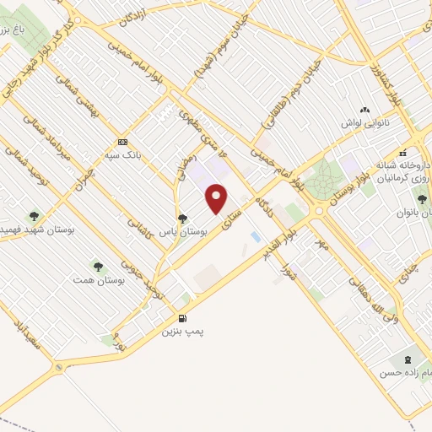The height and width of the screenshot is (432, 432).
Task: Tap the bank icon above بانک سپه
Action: tap(123, 141)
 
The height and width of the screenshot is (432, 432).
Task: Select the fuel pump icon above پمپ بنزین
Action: tap(182, 319)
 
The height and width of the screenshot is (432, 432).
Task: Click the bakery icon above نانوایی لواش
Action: tap(364, 109)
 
